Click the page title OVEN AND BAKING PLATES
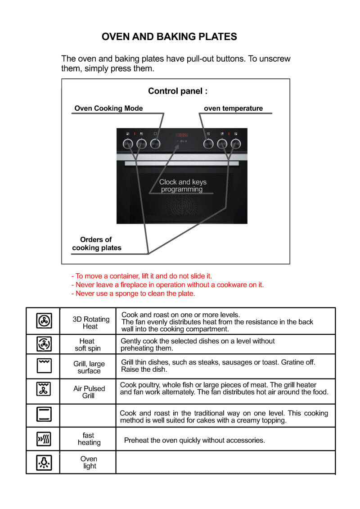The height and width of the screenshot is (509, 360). [x=169, y=37]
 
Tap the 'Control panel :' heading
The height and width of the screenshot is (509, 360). [x=178, y=91]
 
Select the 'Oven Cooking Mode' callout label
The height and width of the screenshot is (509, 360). [x=108, y=108]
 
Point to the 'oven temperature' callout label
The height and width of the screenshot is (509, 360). [x=233, y=108]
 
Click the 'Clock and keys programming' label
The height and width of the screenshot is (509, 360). [x=183, y=186]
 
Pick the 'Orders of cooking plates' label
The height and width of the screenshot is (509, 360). [x=96, y=243]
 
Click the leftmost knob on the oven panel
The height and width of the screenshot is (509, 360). [x=128, y=144]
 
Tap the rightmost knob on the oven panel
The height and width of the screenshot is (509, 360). [x=235, y=144]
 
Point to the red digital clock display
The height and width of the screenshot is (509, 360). [x=182, y=135]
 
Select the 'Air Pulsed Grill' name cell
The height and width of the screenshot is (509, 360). [x=89, y=392]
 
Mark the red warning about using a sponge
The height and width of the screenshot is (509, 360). [x=133, y=293]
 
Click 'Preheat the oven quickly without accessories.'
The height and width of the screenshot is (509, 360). [x=194, y=440]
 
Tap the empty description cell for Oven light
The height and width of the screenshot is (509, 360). [x=225, y=462]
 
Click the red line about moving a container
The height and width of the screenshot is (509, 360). [x=141, y=276]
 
